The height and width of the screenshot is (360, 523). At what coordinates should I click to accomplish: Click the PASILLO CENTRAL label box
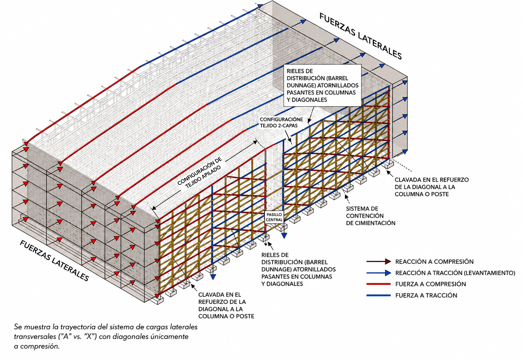(x=274, y=217)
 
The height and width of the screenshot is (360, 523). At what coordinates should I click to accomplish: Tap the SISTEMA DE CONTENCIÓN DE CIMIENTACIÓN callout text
(x=370, y=216)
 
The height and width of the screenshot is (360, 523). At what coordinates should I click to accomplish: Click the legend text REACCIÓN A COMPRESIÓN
(x=434, y=262)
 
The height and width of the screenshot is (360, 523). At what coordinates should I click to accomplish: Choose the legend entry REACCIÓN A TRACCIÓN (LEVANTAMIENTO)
(x=455, y=273)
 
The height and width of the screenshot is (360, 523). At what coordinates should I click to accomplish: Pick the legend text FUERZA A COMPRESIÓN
(x=431, y=284)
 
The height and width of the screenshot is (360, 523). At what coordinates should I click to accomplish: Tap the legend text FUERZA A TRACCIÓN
(x=426, y=295)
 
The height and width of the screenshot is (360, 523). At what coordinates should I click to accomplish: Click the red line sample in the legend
(x=378, y=284)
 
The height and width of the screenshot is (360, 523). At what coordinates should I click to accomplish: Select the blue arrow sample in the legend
(x=378, y=273)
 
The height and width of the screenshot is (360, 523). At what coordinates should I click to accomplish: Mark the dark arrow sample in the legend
(x=378, y=262)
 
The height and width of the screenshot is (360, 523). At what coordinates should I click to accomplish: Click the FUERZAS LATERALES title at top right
(x=361, y=36)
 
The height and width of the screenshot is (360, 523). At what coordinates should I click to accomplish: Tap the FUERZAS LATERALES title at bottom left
(x=54, y=260)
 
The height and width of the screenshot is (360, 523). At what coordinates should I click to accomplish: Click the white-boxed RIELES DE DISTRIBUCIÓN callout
(x=322, y=85)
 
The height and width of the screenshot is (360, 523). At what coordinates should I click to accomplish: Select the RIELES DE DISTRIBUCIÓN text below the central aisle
(x=299, y=269)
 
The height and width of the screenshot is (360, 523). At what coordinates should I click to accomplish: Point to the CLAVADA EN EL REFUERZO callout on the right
(x=432, y=187)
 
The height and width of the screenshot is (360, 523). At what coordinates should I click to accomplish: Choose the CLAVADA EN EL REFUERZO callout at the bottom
(x=226, y=305)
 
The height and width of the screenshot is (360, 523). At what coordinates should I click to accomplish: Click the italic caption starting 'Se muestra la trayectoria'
(x=106, y=336)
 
